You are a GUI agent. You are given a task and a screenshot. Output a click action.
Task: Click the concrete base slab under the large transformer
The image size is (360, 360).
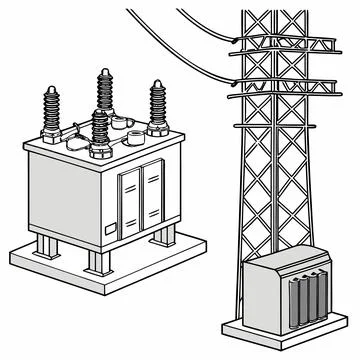pos(60,262)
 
